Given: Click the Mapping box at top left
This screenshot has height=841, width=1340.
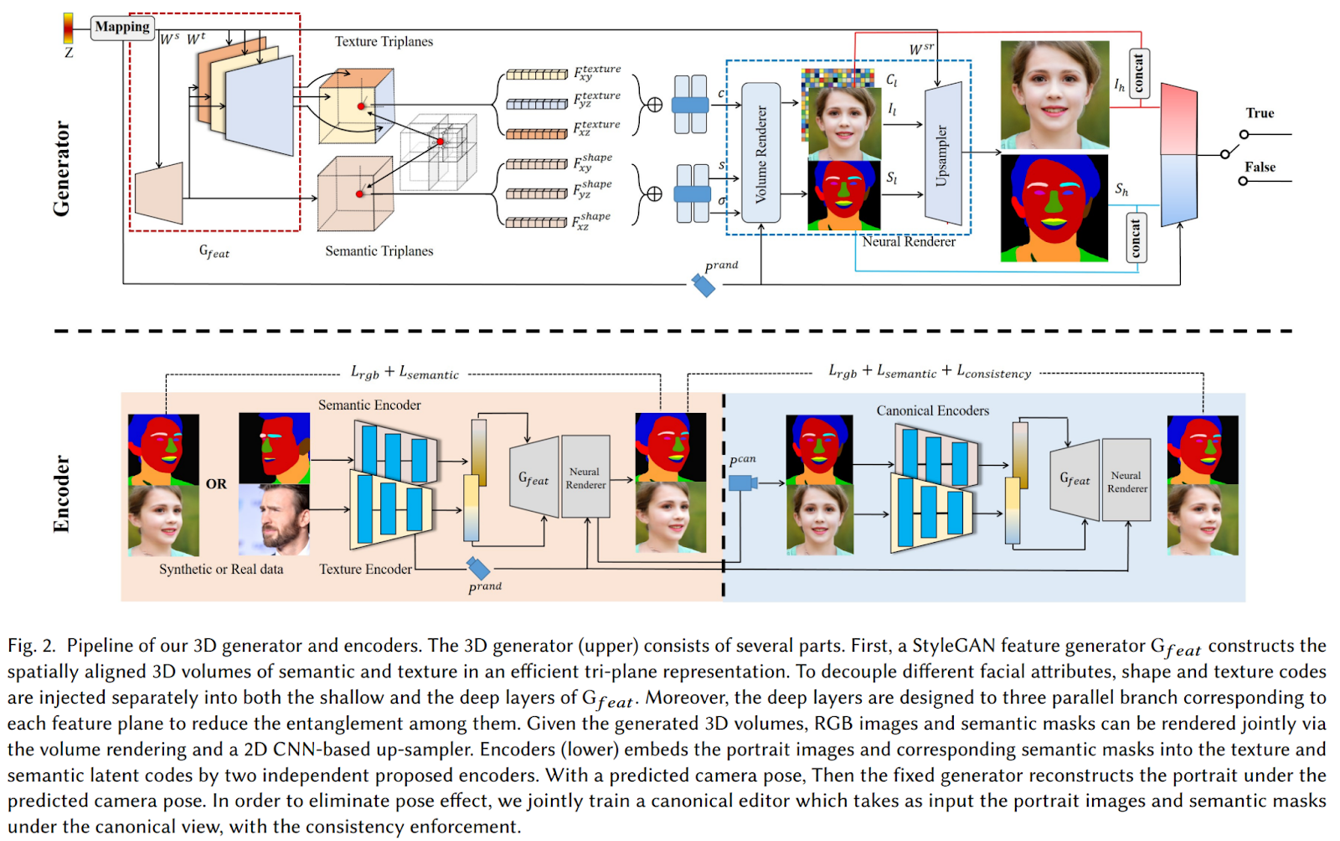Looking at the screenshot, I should (122, 27).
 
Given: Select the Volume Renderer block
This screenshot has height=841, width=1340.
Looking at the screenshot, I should (760, 152).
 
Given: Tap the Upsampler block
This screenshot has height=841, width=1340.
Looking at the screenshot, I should (942, 154).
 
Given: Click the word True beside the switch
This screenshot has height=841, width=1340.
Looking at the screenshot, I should (1259, 113).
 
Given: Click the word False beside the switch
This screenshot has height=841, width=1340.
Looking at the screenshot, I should (1260, 167).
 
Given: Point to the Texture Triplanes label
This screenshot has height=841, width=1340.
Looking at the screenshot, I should (384, 41).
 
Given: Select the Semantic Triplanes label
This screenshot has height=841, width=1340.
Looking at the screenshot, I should (379, 250).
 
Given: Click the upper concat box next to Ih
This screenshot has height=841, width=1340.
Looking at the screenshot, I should (1138, 74).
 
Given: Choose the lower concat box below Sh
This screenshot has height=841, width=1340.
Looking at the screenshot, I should (1135, 238).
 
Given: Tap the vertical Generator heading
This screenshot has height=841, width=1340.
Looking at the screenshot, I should (61, 168).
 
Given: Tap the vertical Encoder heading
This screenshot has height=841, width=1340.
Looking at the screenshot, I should (61, 493).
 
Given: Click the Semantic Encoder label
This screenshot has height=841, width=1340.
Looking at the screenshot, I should (369, 405).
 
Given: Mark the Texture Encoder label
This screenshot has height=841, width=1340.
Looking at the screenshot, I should (365, 569).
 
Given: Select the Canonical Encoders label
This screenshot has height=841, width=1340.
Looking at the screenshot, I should (932, 410).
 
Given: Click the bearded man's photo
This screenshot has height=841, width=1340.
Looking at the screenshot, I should (274, 519).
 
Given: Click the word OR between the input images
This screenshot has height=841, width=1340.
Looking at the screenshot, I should (216, 483).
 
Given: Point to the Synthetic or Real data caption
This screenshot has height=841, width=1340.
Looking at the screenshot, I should (221, 569).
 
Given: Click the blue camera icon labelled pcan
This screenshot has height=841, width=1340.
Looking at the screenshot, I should (742, 482).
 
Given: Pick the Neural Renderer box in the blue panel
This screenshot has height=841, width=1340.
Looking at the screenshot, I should (1126, 481).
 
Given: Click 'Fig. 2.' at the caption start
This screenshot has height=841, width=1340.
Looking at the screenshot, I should (32, 646).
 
